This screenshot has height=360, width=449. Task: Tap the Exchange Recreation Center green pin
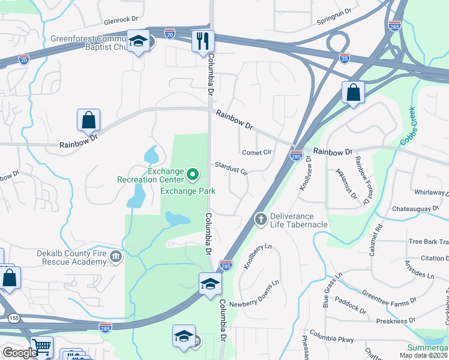pos(193,175)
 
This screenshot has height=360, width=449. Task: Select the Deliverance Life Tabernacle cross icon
pos(261,219)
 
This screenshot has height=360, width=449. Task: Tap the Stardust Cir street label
pos(231,167)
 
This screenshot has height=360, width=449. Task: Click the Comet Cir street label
pos(257,152)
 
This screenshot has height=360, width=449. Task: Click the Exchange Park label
pos(188,191)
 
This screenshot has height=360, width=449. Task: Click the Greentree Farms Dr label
pos(388,295)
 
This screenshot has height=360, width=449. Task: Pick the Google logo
pos(19,353)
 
